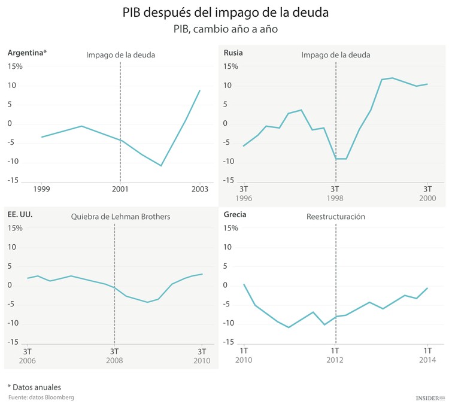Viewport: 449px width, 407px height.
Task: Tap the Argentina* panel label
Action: (x=27, y=53)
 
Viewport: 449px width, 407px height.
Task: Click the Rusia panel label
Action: (x=233, y=53)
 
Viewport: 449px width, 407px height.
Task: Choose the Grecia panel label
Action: (x=235, y=214)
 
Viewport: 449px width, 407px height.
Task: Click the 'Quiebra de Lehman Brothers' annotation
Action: (x=120, y=216)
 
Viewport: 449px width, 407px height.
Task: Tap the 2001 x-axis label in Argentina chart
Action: (x=121, y=189)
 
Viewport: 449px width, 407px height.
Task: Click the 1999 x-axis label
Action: (x=41, y=189)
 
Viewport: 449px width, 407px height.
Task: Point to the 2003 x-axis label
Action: (x=199, y=189)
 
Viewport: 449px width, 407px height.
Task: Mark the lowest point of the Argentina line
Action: (x=161, y=165)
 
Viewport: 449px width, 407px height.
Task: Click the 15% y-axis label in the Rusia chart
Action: (x=230, y=66)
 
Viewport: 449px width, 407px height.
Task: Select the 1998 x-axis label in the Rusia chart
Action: (x=335, y=198)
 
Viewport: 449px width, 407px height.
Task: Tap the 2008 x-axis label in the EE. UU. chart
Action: (x=114, y=360)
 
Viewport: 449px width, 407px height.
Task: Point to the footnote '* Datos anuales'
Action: (x=34, y=387)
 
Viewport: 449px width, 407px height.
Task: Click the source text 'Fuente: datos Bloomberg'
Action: (x=41, y=397)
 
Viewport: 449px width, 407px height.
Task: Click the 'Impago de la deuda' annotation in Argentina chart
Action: (x=120, y=54)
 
